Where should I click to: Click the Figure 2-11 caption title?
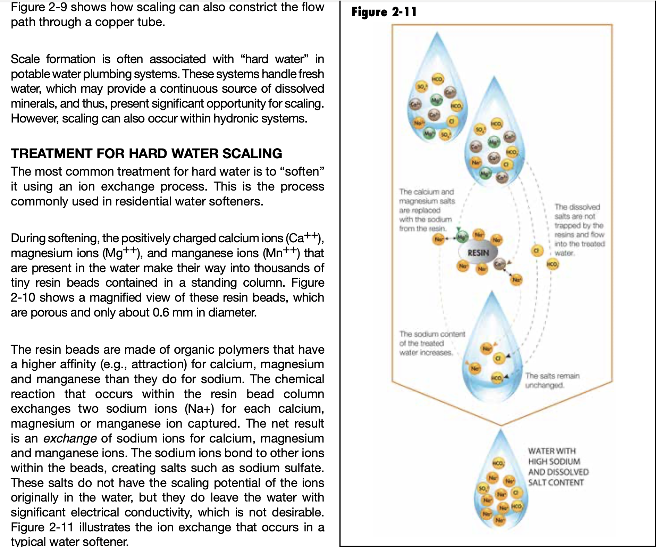384,12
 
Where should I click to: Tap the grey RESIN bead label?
478,253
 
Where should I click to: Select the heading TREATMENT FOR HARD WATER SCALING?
146,153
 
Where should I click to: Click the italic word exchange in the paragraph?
70,438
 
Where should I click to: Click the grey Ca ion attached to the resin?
499,264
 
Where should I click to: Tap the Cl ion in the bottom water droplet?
516,492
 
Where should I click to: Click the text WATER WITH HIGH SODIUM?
554,456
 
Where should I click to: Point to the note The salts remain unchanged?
552,380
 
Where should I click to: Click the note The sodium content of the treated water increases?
431,343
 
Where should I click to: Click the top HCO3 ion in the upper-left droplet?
437,79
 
